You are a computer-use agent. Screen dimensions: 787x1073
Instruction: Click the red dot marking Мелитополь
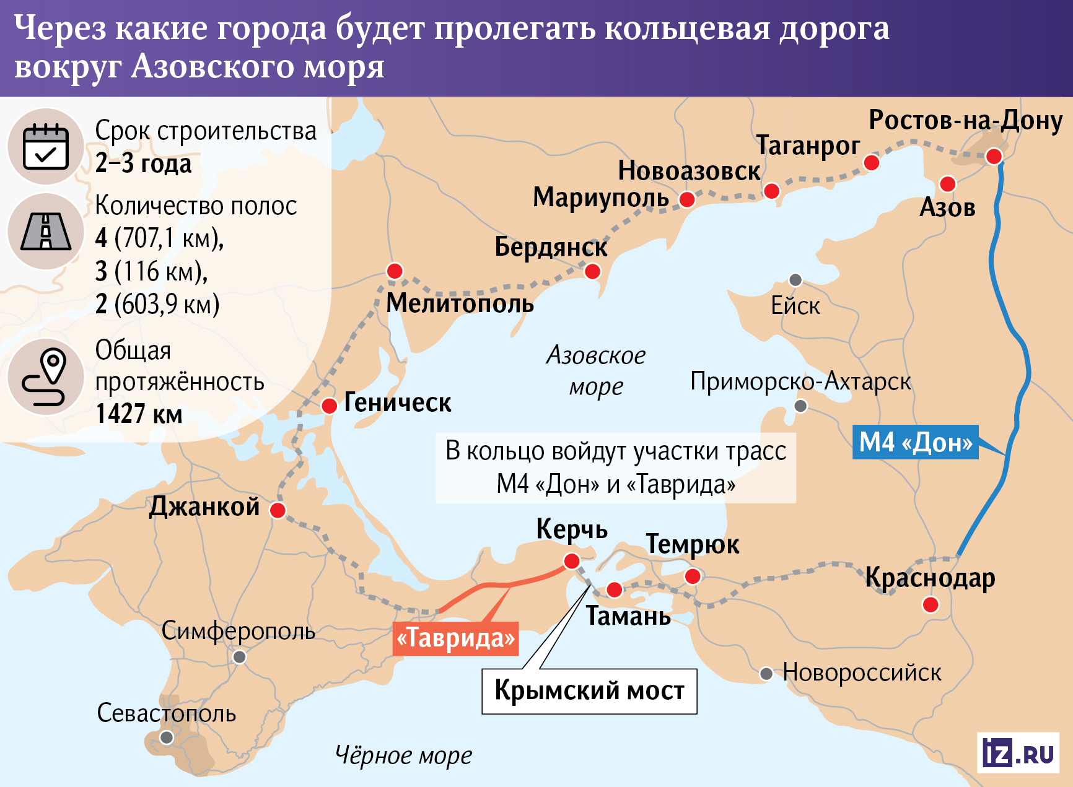(395, 271)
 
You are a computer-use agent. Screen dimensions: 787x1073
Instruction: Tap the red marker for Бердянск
(592, 271)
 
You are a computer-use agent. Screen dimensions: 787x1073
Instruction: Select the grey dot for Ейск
(795, 280)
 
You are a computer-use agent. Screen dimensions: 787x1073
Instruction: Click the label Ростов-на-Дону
(965, 120)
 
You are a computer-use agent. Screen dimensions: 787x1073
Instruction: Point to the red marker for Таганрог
(871, 163)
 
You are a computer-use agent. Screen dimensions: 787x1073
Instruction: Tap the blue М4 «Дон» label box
(915, 442)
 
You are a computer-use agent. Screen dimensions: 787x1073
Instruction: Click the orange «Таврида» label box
(455, 638)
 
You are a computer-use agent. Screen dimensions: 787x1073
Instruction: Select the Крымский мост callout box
(589, 691)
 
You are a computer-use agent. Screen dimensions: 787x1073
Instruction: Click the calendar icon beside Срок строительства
(46, 147)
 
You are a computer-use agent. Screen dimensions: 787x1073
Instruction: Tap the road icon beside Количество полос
(46, 232)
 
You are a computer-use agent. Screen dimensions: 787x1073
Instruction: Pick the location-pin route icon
(46, 377)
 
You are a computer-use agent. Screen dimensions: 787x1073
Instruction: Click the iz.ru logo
(1018, 753)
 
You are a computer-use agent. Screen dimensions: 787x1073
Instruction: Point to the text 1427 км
(139, 414)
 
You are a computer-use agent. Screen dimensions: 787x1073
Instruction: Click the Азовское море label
(596, 370)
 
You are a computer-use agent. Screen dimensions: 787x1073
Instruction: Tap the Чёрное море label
(403, 755)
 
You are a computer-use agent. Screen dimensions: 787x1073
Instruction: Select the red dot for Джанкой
(278, 510)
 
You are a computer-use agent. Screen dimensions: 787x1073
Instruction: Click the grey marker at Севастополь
(167, 737)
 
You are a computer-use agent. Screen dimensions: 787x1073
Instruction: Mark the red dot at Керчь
(571, 561)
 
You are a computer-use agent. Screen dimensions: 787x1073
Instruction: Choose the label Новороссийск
(861, 672)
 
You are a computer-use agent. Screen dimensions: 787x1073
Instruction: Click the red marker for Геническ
(329, 406)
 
